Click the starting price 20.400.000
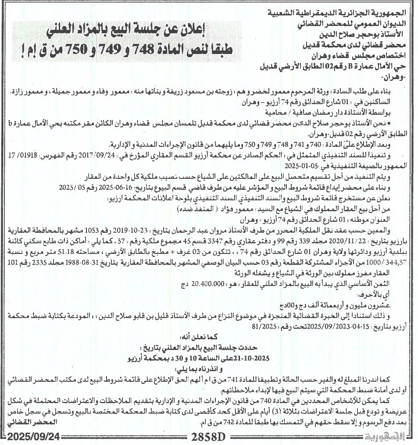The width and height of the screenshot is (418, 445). tap(206, 285)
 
